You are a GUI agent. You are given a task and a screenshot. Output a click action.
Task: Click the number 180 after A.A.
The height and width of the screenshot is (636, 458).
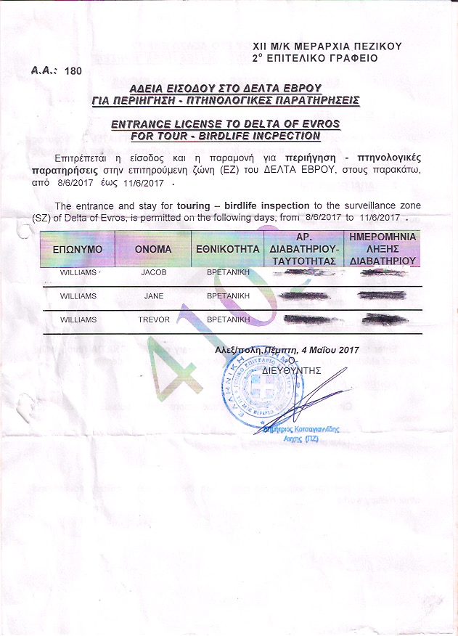pos(73,71)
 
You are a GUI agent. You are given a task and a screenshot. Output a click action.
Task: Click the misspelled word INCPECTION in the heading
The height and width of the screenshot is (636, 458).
pos(279,136)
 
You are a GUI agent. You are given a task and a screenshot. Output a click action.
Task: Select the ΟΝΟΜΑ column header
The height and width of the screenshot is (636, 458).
pos(153,249)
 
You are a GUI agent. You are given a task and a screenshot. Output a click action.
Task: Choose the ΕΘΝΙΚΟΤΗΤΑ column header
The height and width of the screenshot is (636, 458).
pos(227,249)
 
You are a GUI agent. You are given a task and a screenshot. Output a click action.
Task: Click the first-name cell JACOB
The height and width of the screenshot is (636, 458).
pos(153,274)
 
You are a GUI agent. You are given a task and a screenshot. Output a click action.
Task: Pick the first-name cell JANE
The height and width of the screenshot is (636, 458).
pos(153,297)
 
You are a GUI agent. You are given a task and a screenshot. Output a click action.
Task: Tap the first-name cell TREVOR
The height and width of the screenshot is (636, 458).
pos(153,320)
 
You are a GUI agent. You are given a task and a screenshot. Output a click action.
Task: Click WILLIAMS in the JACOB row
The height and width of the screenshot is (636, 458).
pos(78,274)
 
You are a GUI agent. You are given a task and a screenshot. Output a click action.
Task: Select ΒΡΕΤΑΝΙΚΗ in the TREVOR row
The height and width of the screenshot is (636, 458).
pos(228,320)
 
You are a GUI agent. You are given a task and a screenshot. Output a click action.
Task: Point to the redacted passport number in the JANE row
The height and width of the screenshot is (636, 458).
pos(303,297)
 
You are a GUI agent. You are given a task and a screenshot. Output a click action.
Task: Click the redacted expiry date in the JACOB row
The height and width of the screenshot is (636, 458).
pos(383,274)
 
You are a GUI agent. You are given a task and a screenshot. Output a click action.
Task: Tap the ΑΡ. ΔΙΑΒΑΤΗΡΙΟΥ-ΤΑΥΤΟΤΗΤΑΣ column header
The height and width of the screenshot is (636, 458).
pos(303,249)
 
